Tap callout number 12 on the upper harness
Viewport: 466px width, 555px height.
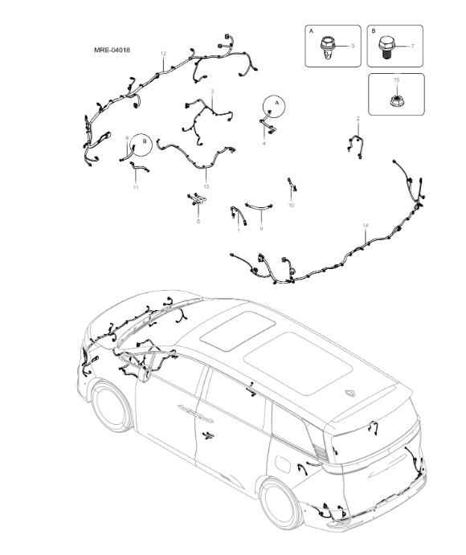(163, 54)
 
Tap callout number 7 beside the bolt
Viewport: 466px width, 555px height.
(412, 47)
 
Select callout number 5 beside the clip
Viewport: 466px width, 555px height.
(352, 47)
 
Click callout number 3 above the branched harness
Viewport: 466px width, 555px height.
(212, 92)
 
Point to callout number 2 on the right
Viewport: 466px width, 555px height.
(358, 119)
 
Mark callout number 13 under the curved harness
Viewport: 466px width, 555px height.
(206, 186)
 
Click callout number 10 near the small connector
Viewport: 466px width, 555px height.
(291, 206)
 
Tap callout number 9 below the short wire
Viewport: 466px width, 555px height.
(261, 229)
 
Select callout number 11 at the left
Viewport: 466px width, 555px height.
(136, 187)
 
